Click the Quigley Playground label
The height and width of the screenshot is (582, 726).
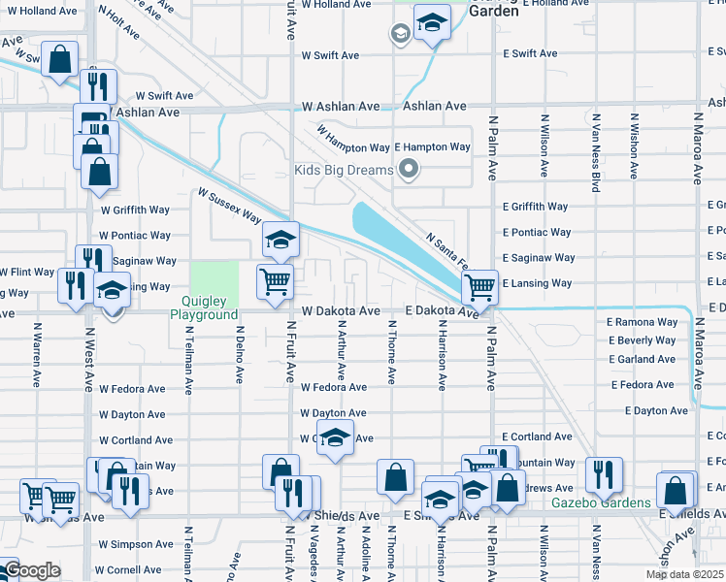click(204, 307)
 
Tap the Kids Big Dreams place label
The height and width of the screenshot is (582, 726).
click(344, 170)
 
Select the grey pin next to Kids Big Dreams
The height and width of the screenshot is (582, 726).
click(409, 171)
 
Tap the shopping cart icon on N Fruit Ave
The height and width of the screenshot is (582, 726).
click(276, 282)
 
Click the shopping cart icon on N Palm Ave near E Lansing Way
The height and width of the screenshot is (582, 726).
click(479, 287)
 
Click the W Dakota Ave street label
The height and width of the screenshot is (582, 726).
click(340, 311)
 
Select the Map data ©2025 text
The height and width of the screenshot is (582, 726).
click(684, 574)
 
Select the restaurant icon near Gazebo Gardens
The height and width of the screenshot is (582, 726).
click(604, 475)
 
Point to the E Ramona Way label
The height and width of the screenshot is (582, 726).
click(642, 322)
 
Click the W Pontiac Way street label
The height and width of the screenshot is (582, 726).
click(136, 236)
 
